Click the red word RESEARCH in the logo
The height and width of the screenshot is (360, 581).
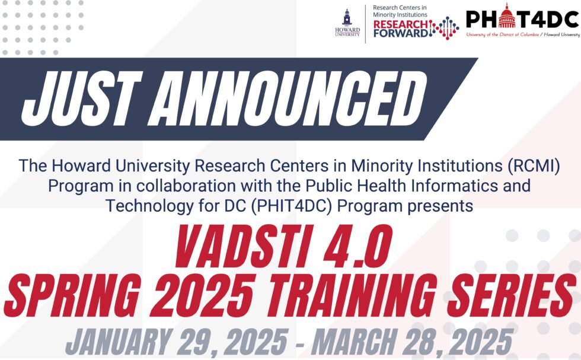(401, 24)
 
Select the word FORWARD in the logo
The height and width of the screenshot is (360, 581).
(401, 33)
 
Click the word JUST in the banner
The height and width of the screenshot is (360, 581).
(81, 98)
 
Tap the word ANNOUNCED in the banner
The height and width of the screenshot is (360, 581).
(288, 98)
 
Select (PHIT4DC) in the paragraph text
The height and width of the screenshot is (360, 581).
(291, 206)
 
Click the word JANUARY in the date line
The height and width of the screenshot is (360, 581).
(118, 342)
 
